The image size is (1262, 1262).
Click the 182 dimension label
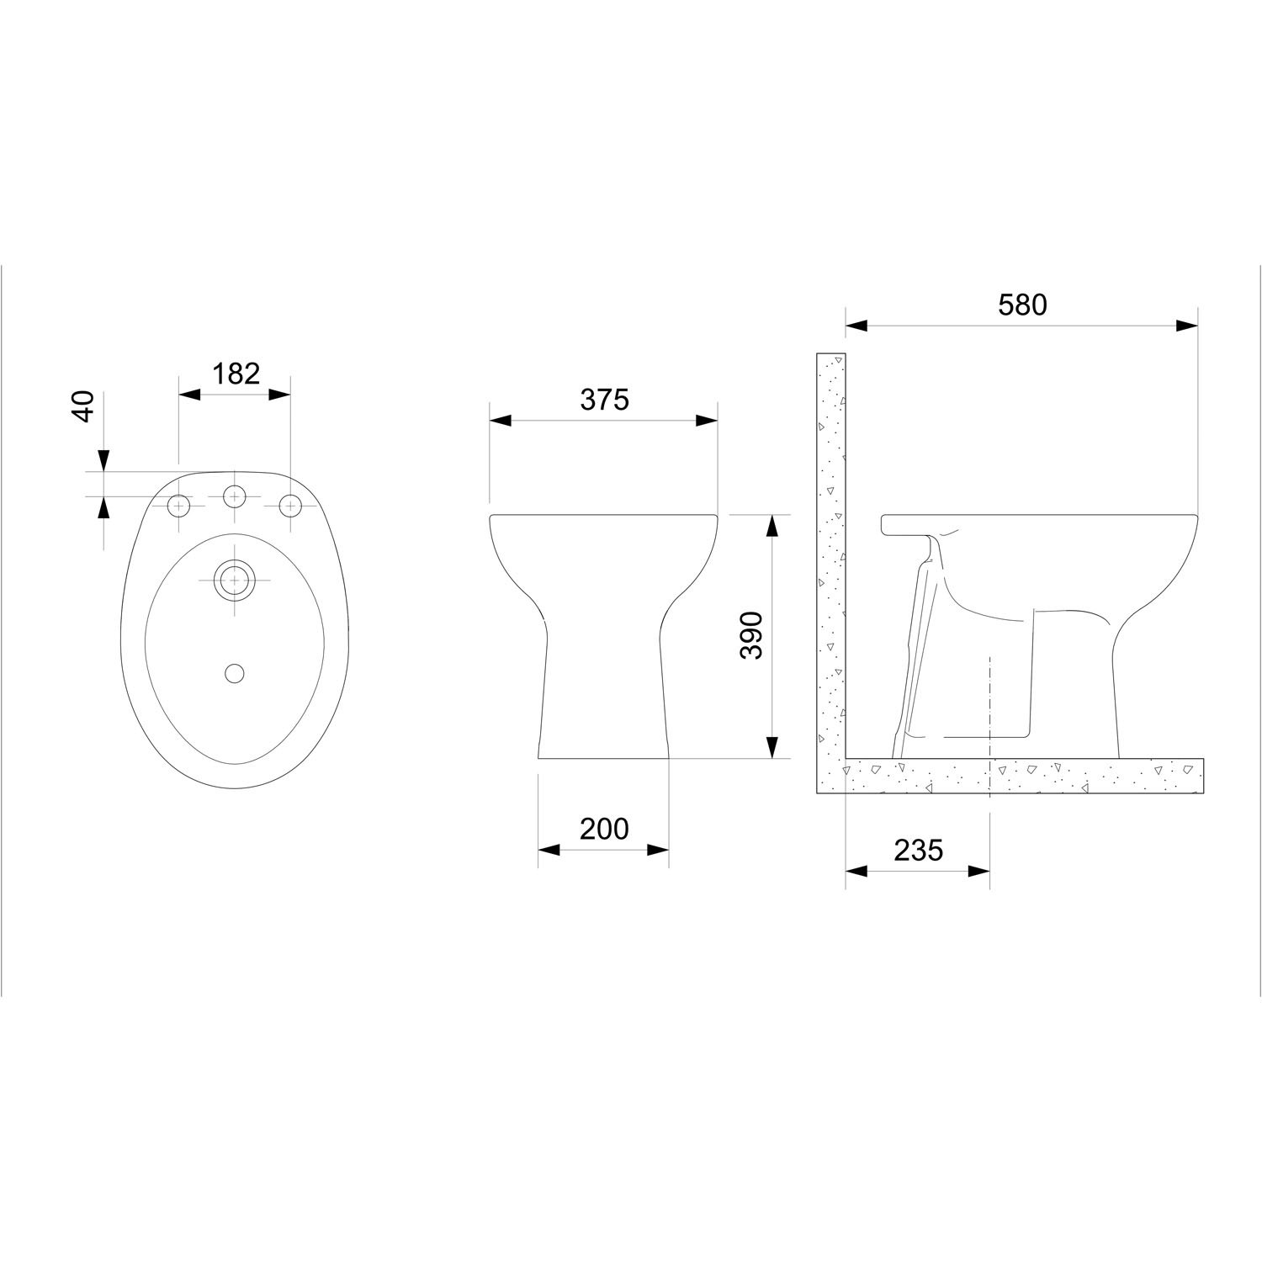(x=236, y=374)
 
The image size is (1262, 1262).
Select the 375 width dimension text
(x=604, y=400)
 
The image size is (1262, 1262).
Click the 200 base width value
(x=604, y=829)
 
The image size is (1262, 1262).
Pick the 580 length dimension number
(x=1022, y=305)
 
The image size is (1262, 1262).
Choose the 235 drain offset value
(x=918, y=851)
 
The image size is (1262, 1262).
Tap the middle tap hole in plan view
(x=235, y=496)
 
